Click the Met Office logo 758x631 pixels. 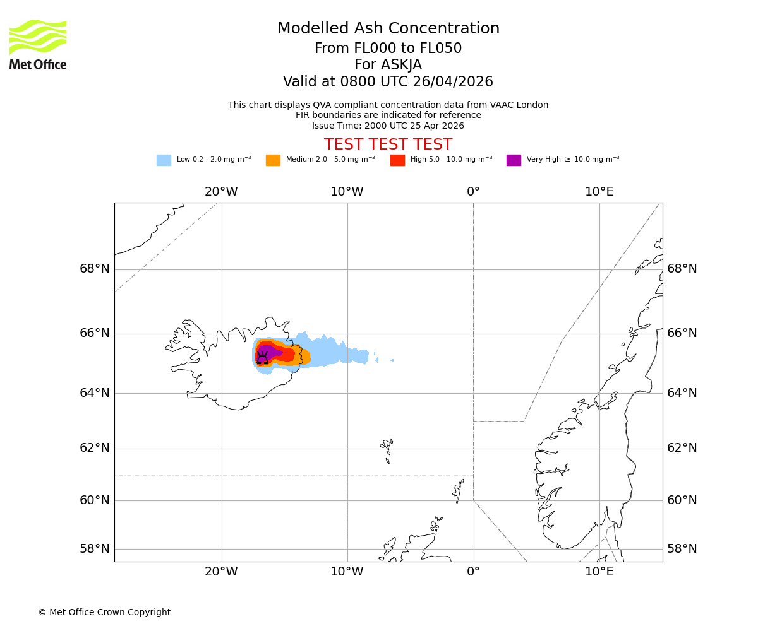click(x=38, y=44)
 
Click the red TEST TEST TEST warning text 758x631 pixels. click(x=388, y=144)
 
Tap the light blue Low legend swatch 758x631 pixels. click(x=164, y=160)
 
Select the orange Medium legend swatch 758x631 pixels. click(x=273, y=160)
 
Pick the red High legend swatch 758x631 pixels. click(x=397, y=160)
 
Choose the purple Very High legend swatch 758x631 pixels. click(x=514, y=160)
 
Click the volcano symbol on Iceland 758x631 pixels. click(x=262, y=358)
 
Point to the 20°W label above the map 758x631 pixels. click(x=221, y=192)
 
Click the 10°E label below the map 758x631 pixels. click(x=599, y=572)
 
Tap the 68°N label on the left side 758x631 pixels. click(x=95, y=269)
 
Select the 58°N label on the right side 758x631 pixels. click(x=682, y=549)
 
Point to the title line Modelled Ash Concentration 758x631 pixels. click(x=388, y=28)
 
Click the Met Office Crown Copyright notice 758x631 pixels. click(x=104, y=612)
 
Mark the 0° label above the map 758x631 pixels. click(x=473, y=192)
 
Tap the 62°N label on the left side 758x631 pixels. click(x=95, y=448)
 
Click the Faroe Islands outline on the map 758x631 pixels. click(x=387, y=448)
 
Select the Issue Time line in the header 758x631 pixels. click(x=388, y=126)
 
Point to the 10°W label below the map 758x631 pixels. click(x=347, y=572)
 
